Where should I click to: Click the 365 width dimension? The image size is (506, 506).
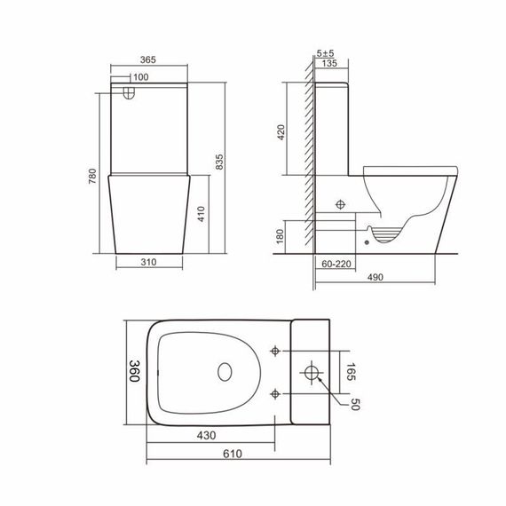coord(148,59)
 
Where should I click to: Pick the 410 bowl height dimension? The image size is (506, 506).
coord(202,215)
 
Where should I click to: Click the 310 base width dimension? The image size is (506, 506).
coord(149,264)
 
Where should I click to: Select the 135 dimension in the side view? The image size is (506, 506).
coord(329,63)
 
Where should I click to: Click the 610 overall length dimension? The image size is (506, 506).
coord(233,454)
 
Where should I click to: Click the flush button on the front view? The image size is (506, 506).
coord(130,91)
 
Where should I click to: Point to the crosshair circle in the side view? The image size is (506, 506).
coord(339,204)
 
